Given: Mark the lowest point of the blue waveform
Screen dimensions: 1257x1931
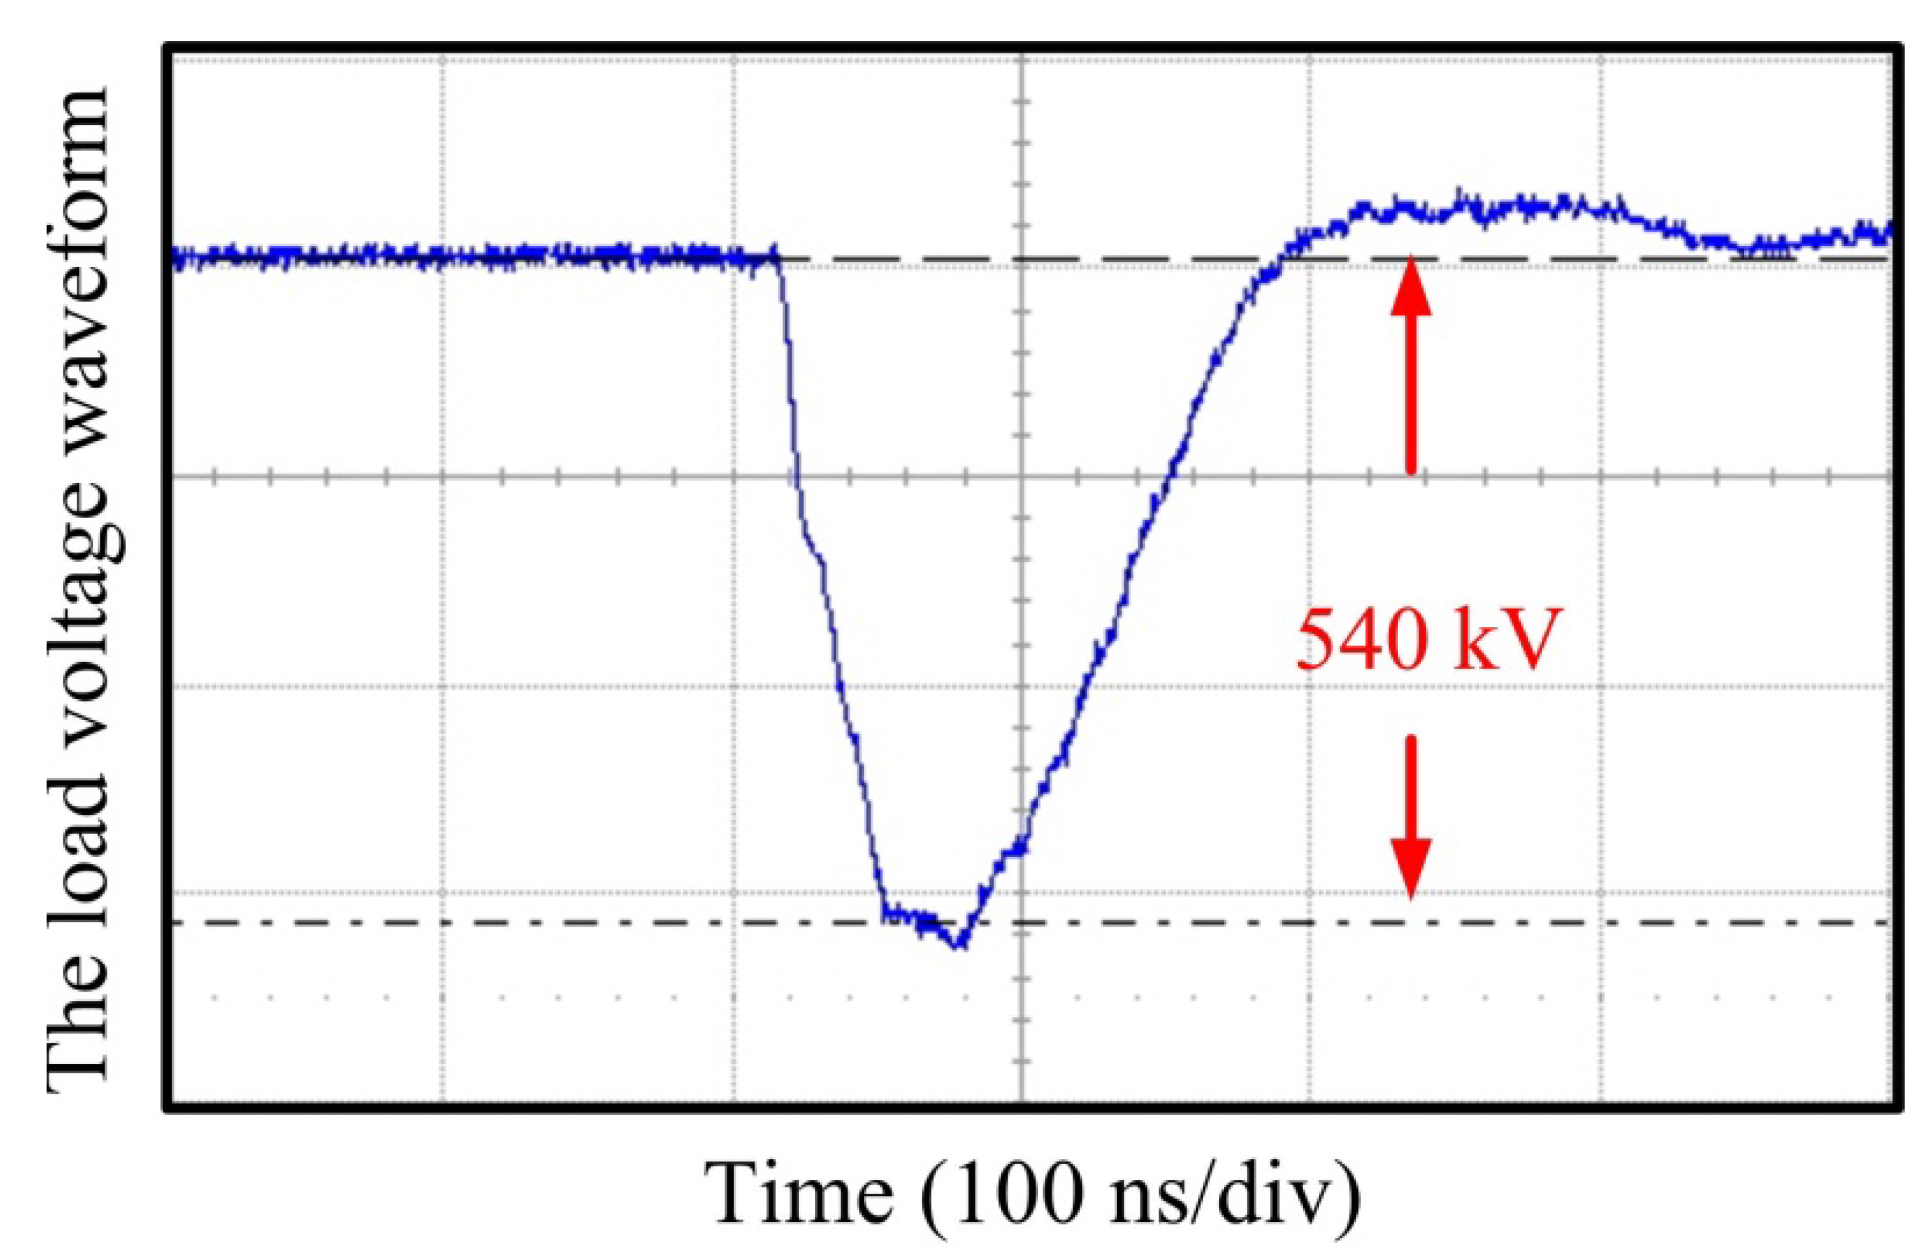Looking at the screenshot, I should pyautogui.click(x=960, y=946).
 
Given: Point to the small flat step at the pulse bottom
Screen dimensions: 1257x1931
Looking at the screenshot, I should pyautogui.click(x=908, y=915).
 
